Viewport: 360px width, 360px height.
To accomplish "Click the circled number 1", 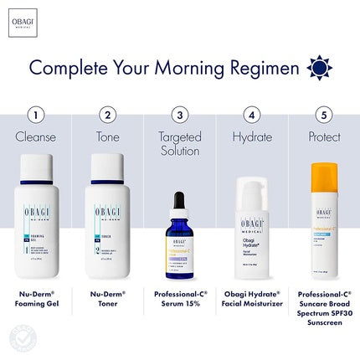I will (35, 113).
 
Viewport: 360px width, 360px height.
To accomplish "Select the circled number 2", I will (106, 113).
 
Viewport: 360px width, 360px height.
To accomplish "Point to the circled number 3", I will (177, 113).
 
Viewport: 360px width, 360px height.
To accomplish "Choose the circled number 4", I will (249, 113).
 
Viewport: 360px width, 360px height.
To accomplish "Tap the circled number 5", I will (321, 113).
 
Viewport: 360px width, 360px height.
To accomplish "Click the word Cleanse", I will (35, 135).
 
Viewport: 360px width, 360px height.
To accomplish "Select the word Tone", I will (106, 135).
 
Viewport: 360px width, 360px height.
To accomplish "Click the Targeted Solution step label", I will (177, 142).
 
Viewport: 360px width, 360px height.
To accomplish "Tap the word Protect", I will (321, 135).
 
